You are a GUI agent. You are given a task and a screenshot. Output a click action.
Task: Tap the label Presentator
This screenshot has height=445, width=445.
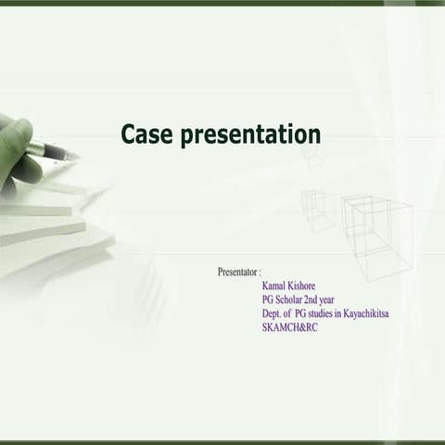(x=237, y=272)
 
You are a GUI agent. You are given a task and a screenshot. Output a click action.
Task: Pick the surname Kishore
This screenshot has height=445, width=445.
(x=311, y=286)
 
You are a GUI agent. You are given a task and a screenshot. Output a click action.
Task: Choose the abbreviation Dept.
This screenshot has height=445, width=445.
(x=273, y=313)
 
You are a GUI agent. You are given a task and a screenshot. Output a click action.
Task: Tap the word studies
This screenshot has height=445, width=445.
(x=324, y=313)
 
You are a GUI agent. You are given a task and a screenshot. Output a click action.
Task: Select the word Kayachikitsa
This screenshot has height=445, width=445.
(x=366, y=313)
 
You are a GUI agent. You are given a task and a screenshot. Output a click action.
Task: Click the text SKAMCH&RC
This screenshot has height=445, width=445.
(x=290, y=327)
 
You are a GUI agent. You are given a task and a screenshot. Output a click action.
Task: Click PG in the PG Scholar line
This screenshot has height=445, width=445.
(x=268, y=299)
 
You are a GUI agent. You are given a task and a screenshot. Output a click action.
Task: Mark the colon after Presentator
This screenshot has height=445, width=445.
(x=260, y=272)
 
